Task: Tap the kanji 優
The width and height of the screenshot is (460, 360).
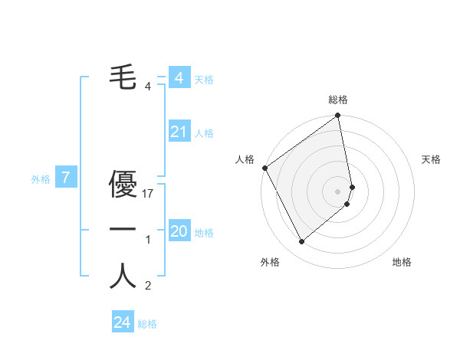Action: (x=123, y=184)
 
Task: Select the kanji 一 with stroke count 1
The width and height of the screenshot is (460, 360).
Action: (x=123, y=230)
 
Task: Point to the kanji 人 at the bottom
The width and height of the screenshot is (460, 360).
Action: (x=123, y=276)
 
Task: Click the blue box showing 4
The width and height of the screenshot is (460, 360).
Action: (x=179, y=78)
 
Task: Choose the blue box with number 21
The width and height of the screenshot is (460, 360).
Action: (x=179, y=133)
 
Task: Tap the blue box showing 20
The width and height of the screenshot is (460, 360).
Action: (x=179, y=231)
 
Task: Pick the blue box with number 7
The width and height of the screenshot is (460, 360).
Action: (x=66, y=178)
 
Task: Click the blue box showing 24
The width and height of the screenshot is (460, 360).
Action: (x=122, y=322)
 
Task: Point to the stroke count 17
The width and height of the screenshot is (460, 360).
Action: (x=149, y=195)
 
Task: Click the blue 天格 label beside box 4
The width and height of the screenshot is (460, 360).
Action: (x=204, y=79)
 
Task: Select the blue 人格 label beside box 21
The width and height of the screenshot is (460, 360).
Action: (x=204, y=133)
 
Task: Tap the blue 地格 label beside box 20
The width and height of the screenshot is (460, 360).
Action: (x=204, y=232)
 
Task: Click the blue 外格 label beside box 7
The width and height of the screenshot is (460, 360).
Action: (x=41, y=179)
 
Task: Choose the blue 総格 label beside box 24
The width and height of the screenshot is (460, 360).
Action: (x=147, y=324)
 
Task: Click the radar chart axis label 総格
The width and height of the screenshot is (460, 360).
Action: (x=338, y=100)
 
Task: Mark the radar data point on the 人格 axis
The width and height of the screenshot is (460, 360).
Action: (x=264, y=168)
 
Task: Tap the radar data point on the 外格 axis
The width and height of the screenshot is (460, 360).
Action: (x=301, y=241)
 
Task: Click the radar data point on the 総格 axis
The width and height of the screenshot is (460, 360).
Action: (x=338, y=116)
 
